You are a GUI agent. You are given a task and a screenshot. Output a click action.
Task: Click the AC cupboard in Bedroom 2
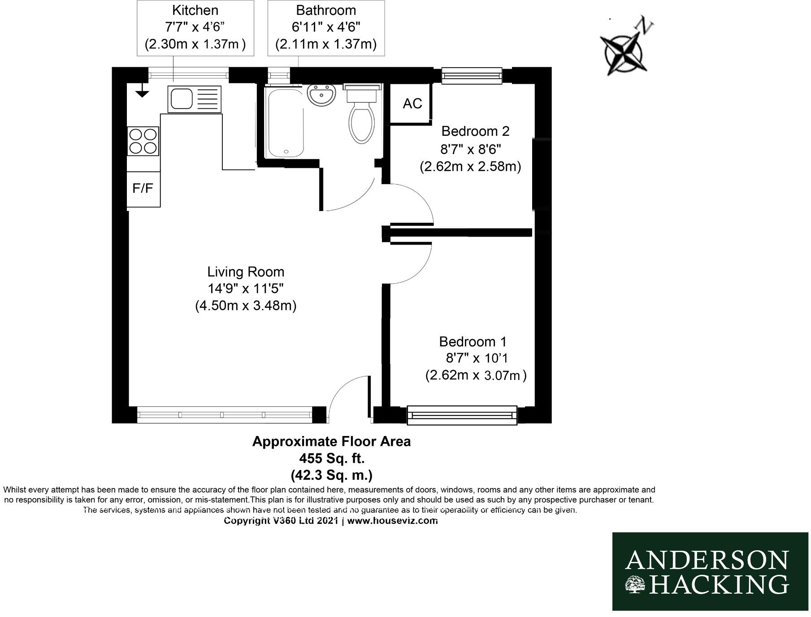(x=412, y=104)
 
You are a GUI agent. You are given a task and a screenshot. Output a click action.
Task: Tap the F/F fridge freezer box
(x=143, y=189)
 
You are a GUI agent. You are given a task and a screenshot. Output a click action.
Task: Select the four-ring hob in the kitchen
(x=143, y=141)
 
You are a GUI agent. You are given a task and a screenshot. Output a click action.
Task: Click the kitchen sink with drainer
(x=194, y=99)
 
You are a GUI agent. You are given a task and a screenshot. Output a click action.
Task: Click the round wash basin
(x=321, y=95)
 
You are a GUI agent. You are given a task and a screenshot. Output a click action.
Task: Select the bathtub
(x=284, y=122)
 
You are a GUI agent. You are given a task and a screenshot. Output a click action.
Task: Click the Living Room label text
(x=246, y=272)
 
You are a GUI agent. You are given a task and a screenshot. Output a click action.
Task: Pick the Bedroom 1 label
(x=473, y=342)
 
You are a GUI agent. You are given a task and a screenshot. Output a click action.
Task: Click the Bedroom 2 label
(x=475, y=131)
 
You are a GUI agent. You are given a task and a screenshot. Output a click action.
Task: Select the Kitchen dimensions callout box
(x=195, y=28)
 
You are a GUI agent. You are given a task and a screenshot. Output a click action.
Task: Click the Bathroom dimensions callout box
(x=326, y=28)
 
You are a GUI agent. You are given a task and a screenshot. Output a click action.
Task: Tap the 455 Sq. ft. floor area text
(x=332, y=458)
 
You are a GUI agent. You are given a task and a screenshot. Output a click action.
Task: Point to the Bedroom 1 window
(x=462, y=415)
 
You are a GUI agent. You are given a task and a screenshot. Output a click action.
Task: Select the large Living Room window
(x=224, y=415)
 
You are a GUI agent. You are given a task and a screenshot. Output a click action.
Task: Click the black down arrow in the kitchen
(x=142, y=93)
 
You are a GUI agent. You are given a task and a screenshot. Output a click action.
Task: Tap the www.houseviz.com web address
(x=392, y=521)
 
